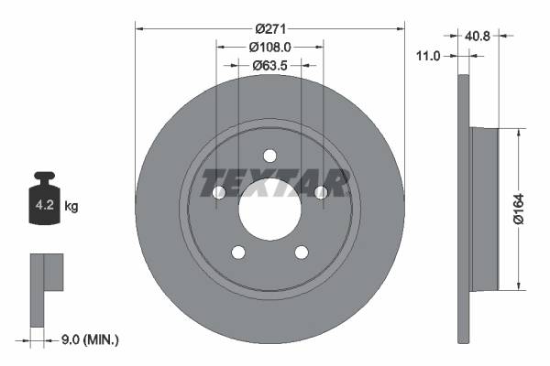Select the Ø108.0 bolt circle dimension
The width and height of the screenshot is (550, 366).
coord(269,46)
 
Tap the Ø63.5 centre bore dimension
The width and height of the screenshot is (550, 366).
coord(269,65)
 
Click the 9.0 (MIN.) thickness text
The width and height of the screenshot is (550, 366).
coord(88,340)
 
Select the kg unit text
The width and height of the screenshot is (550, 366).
coord(71,207)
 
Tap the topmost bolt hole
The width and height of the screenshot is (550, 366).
coord(269,155)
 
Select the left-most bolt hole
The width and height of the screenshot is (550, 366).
coord(218,192)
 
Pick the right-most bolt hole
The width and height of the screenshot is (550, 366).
coord(321,191)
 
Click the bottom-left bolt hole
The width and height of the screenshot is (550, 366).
coord(238,253)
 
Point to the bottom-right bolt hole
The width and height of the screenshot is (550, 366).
coord(302,253)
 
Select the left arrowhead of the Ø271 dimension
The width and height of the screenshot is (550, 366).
coord(140,27)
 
